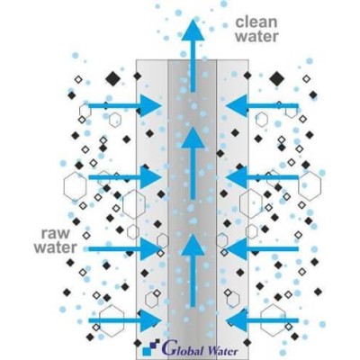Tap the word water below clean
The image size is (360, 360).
click(256, 36)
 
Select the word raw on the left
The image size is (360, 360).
click(55, 234)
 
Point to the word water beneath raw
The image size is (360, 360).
click(56, 247)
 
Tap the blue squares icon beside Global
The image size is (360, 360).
click(151, 349)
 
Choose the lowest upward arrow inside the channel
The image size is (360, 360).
click(193, 271)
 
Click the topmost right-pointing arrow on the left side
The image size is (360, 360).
click(125, 105)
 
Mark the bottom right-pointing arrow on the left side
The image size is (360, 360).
click(125, 320)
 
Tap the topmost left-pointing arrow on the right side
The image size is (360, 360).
click(263, 105)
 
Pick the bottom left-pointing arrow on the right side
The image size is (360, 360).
click(263, 320)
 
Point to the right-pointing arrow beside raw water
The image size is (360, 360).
click(125, 248)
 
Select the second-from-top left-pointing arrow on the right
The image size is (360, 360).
click(263, 177)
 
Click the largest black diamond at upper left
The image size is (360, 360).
click(113, 79)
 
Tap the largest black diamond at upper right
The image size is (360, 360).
click(277, 78)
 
